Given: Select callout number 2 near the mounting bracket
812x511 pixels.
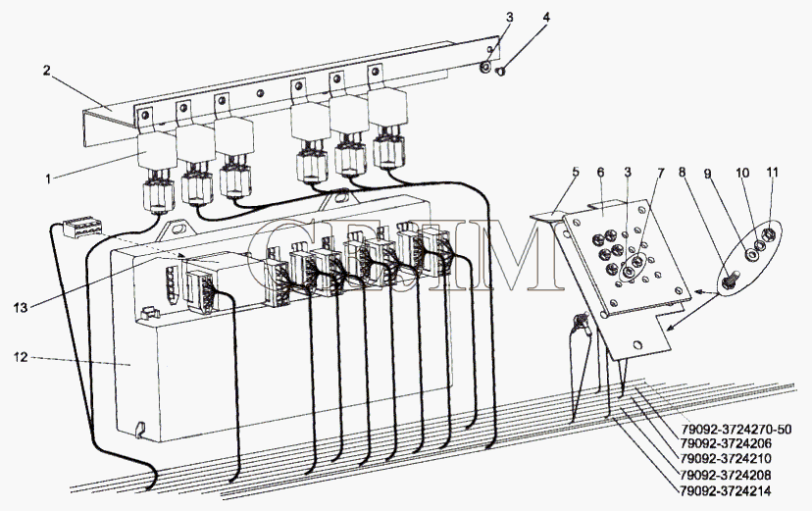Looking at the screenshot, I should click(x=46, y=70).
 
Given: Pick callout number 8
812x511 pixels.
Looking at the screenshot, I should click(x=682, y=173).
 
